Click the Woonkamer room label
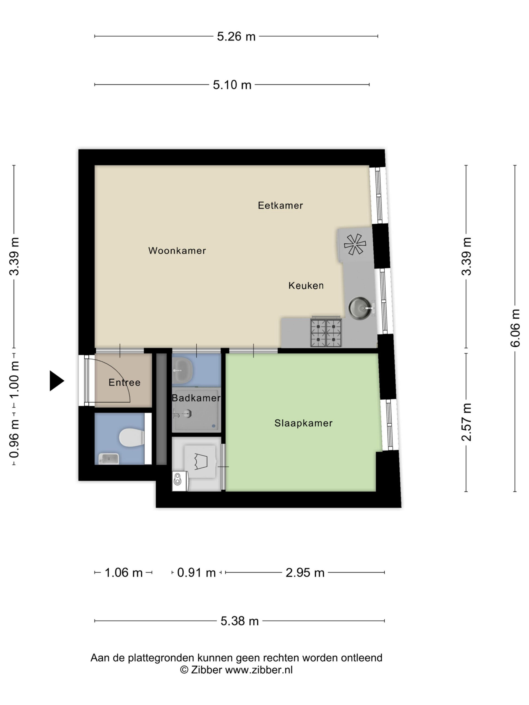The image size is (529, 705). pyautogui.click(x=177, y=251)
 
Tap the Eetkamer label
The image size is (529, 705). pyautogui.click(x=280, y=205)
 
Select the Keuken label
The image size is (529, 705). pyautogui.click(x=306, y=285)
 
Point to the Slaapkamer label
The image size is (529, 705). pyautogui.click(x=303, y=423)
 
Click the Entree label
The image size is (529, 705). pyautogui.click(x=124, y=382)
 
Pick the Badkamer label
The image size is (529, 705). pyautogui.click(x=196, y=398)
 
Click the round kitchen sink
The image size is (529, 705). pyautogui.click(x=360, y=308)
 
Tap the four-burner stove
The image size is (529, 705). pyautogui.click(x=326, y=332)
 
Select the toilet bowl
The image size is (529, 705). pyautogui.click(x=131, y=438)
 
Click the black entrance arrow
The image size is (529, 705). pyautogui.click(x=57, y=381)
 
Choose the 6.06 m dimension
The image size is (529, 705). pyautogui.click(x=515, y=328)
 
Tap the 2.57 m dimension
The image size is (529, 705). pyautogui.click(x=466, y=422)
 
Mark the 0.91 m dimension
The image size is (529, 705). pyautogui.click(x=196, y=573)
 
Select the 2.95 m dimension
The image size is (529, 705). pyautogui.click(x=305, y=573)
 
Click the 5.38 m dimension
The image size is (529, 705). pyautogui.click(x=239, y=621)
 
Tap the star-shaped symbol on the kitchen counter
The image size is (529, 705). pyautogui.click(x=355, y=245)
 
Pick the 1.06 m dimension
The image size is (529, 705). pyautogui.click(x=123, y=573)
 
